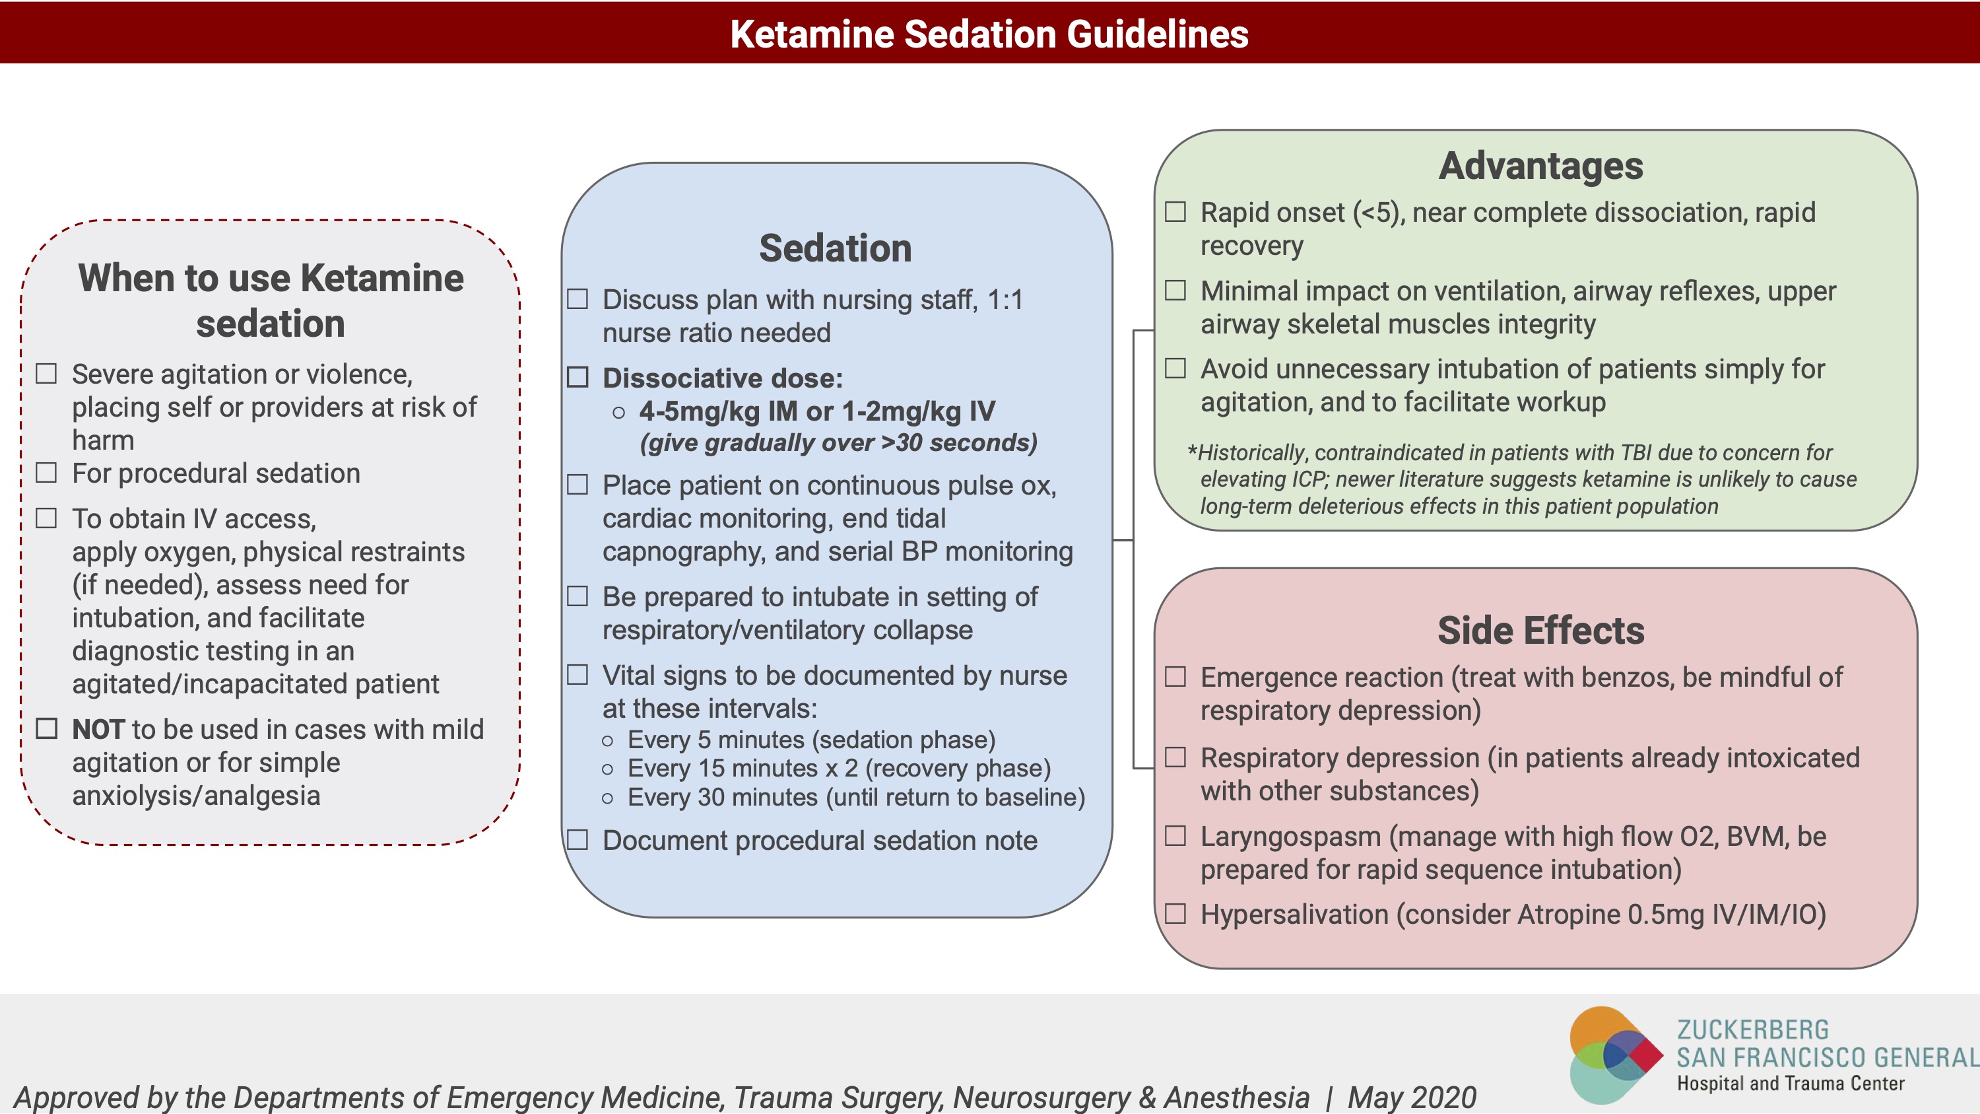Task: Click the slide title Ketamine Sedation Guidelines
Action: (x=989, y=34)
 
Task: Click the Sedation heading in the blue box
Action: (x=836, y=248)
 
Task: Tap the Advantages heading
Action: (x=1540, y=166)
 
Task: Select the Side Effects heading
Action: (x=1540, y=631)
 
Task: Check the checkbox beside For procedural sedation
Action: (x=47, y=472)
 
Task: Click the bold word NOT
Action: (x=98, y=729)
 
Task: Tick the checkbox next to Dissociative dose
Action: (x=577, y=376)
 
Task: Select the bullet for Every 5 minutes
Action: (x=608, y=740)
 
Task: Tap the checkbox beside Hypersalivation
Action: (x=1175, y=913)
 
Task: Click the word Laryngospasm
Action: (x=1290, y=836)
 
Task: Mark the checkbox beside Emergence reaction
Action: (x=1175, y=677)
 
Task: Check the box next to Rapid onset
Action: (x=1175, y=211)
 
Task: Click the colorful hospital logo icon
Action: (x=1614, y=1055)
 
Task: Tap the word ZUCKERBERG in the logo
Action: (x=1752, y=1029)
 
